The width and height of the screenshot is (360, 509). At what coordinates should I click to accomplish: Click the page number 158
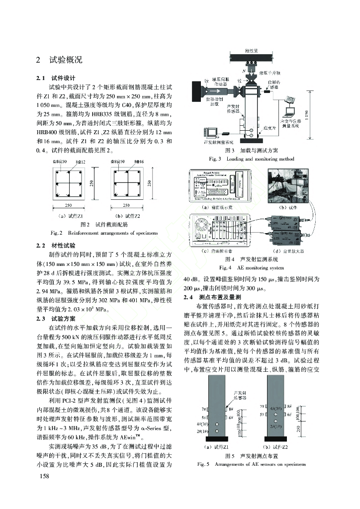(x=43, y=477)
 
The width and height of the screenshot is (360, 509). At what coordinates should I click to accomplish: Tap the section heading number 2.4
(x=188, y=297)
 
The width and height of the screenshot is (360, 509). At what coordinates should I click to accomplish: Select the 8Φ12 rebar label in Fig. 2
(x=81, y=163)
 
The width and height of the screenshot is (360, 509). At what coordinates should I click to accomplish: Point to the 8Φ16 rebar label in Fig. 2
(x=139, y=163)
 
